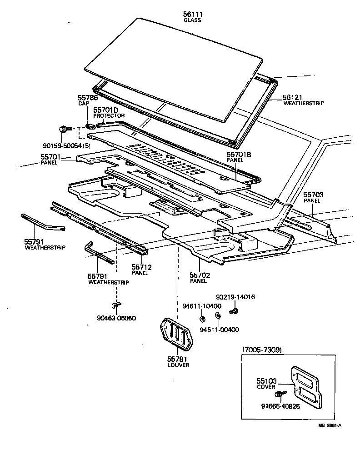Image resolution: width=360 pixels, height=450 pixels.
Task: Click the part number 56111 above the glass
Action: coord(192,15)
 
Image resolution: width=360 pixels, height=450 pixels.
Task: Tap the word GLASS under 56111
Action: coord(192,20)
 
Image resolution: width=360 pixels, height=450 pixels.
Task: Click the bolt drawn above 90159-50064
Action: coord(63,130)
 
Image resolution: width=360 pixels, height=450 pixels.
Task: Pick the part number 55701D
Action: coord(106,110)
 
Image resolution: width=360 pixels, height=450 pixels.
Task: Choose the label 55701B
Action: coord(239,155)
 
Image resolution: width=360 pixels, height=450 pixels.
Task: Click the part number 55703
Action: coord(313,195)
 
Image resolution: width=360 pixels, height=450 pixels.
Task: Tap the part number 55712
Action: coord(141,267)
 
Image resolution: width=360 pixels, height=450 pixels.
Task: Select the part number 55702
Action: coord(199,275)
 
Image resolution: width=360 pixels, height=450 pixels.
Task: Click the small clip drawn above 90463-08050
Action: coord(116,305)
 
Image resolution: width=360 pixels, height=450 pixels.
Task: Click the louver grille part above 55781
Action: coord(177,335)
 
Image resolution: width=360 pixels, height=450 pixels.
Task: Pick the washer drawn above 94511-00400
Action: coord(217,315)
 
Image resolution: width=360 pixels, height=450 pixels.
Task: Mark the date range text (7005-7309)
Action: coord(262,350)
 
